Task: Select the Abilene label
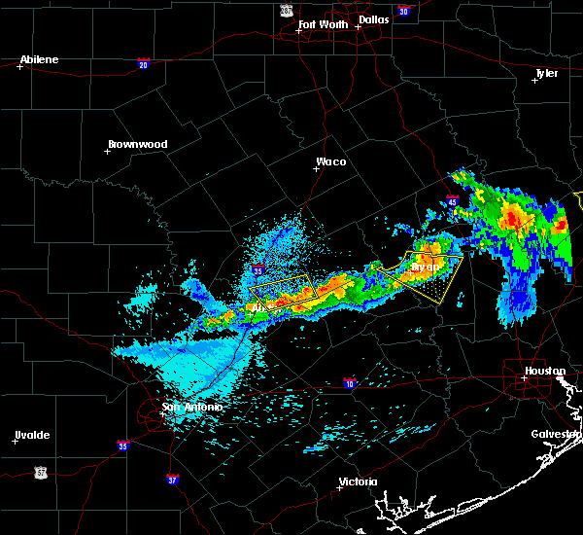pos(40,59)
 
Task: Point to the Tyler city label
pos(547,73)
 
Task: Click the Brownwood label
pos(137,144)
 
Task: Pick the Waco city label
pos(330,161)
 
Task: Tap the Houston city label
pos(545,371)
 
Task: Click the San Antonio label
pos(192,408)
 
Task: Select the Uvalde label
pos(32,435)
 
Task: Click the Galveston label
pos(556,434)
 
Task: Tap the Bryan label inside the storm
pos(425,266)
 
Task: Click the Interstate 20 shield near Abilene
pos(143,64)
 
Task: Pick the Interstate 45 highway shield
pos(453,202)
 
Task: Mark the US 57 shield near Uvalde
pos(40,471)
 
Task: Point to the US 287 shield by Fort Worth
pos(286,9)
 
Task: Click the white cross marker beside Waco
pos(316,168)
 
